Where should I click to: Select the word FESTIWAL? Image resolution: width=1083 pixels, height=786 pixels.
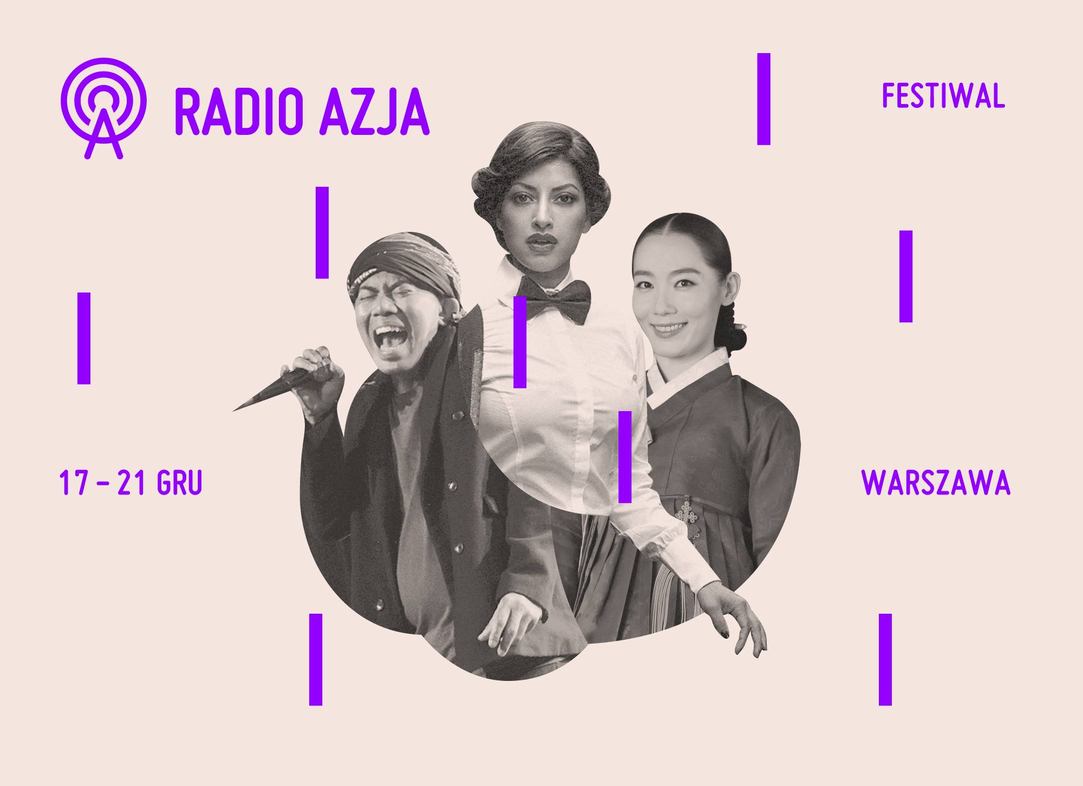pos(943,96)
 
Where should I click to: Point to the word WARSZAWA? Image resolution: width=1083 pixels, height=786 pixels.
pos(936,483)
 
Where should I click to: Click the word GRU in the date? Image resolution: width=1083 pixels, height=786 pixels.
pos(179,483)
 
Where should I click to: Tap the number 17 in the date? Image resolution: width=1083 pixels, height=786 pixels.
pos(73,483)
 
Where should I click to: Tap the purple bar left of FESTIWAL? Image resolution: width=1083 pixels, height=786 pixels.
pos(764,99)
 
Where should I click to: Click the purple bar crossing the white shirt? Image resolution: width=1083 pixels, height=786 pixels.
pos(520,342)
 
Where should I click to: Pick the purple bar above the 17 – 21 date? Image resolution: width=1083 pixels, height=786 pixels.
pos(84,338)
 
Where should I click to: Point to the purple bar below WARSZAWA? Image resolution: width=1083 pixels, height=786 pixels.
pos(885,659)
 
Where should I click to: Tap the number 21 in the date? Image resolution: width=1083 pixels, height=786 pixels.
pos(131,483)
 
